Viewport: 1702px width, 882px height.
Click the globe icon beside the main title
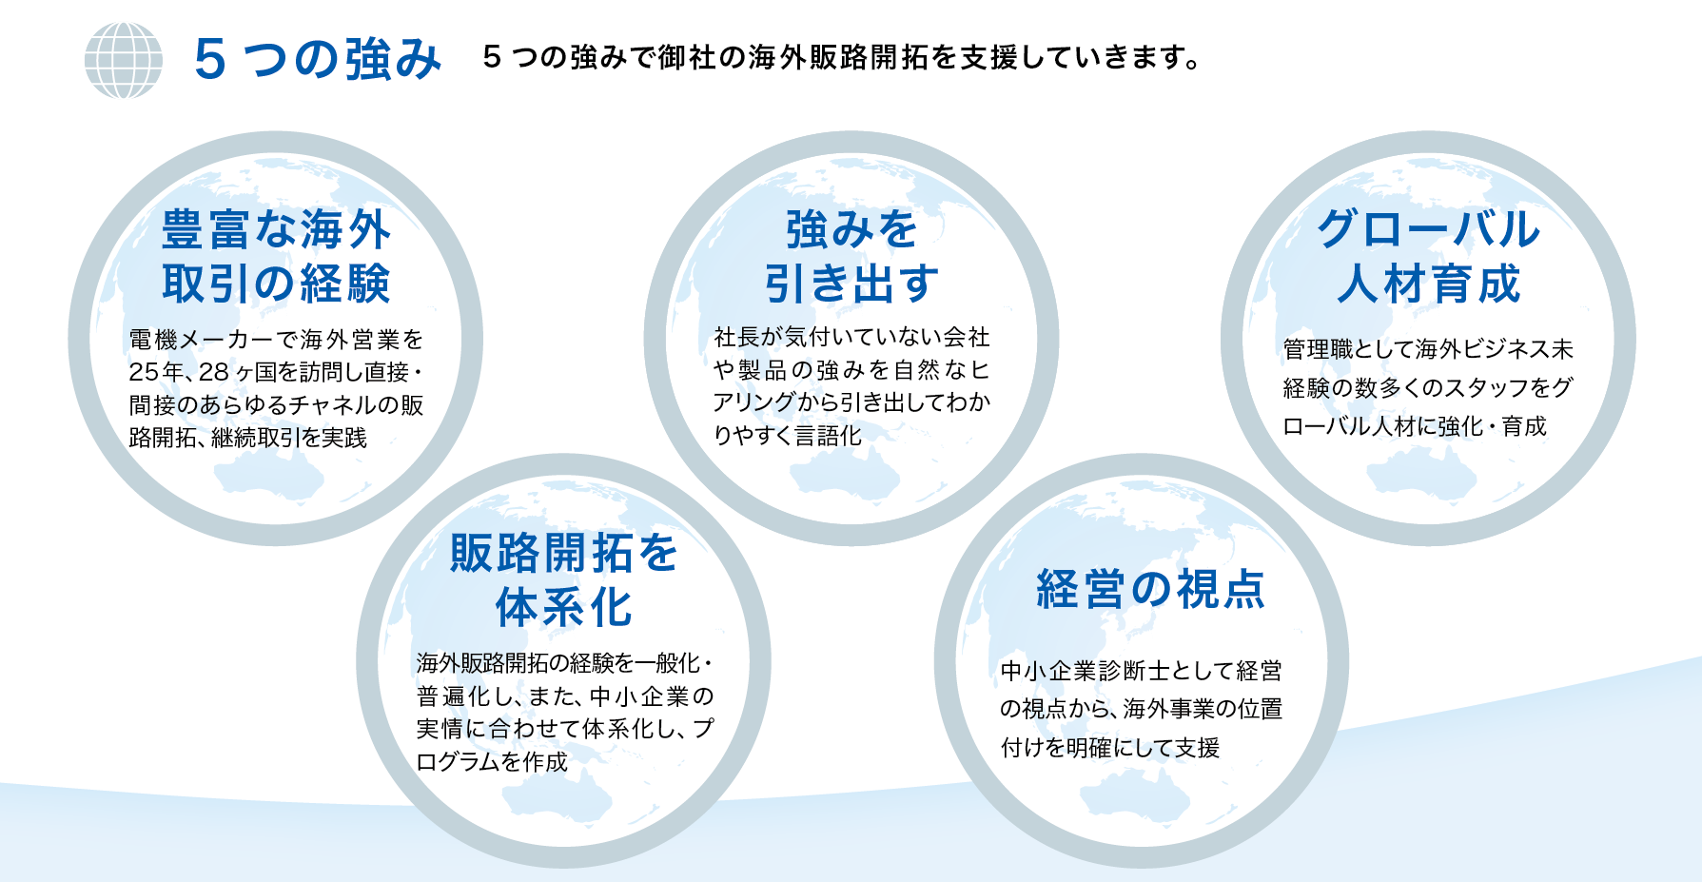click(124, 60)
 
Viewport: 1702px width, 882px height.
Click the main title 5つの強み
click(318, 59)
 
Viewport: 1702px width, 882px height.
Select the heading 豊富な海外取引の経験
click(276, 256)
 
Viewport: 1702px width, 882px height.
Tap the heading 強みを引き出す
click(851, 256)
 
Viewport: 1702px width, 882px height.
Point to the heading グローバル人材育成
click(1429, 256)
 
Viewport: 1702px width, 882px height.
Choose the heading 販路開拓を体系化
click(564, 579)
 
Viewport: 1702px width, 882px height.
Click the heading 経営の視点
click(1150, 589)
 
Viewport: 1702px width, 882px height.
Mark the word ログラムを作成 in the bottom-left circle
click(492, 761)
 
